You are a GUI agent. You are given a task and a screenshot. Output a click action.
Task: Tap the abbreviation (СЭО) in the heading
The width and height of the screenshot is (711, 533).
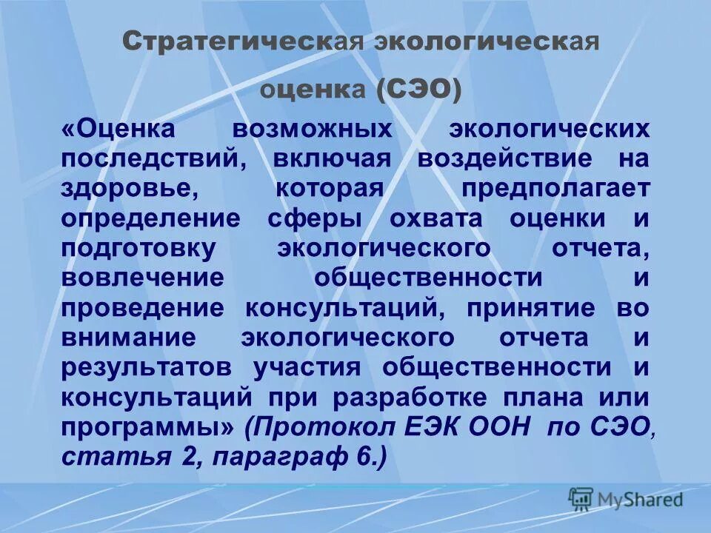pyautogui.click(x=418, y=90)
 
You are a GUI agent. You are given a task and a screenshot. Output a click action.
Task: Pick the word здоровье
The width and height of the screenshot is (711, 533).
pyautogui.click(x=129, y=189)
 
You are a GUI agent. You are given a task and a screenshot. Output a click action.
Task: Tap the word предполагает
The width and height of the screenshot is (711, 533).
pyautogui.click(x=555, y=189)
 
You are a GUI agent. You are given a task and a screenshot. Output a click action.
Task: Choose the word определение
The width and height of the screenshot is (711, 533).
pyautogui.click(x=151, y=218)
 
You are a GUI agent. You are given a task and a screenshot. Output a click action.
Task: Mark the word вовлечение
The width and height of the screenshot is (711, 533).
pyautogui.click(x=142, y=278)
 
